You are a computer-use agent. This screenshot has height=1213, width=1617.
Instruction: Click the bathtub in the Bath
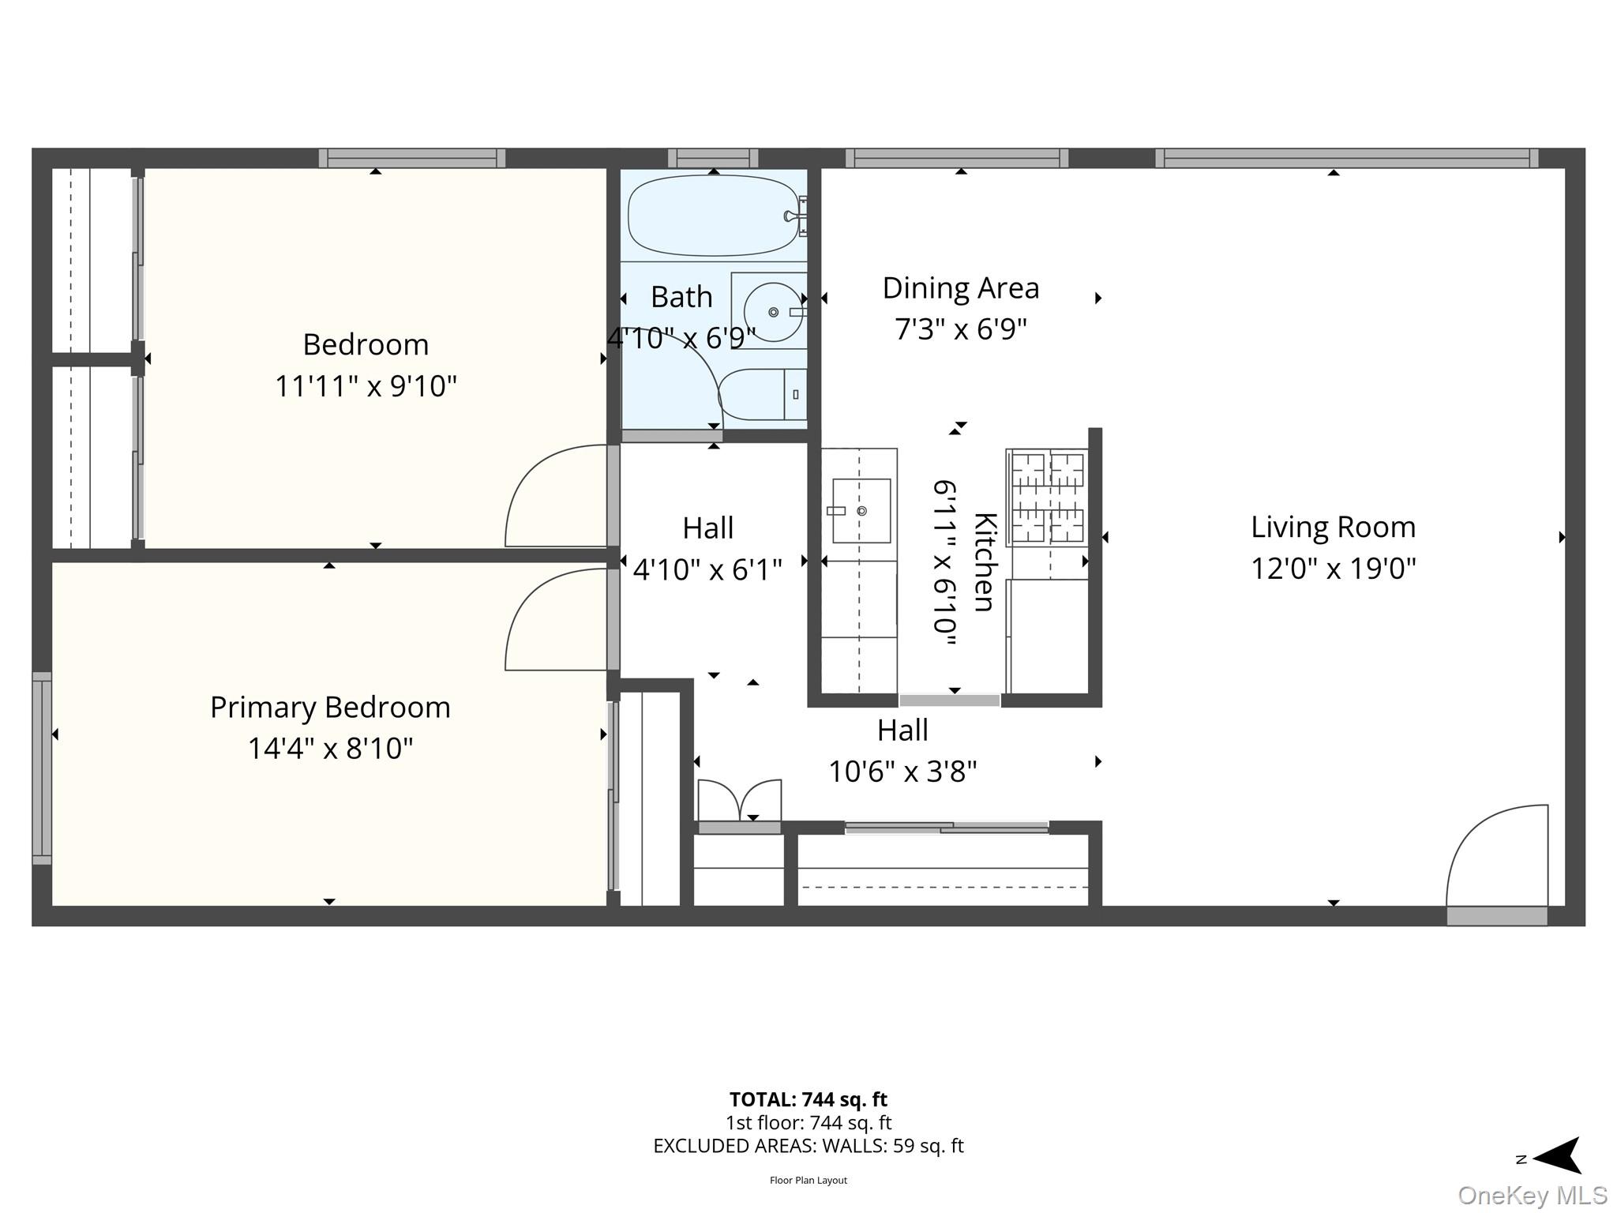[x=713, y=216]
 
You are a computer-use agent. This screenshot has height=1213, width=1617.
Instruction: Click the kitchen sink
[x=861, y=511]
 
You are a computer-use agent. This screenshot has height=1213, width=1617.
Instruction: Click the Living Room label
[x=1333, y=528]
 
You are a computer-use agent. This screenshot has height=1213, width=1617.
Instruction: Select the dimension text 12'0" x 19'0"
[x=1333, y=569]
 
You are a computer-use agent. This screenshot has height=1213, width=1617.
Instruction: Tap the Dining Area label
[x=960, y=288]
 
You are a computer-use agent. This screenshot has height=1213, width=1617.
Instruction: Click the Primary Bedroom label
[x=330, y=708]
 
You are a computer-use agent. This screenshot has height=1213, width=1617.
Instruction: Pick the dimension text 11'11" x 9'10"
[x=366, y=387]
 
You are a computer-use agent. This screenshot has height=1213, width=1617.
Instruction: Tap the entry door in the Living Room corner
[x=1495, y=857]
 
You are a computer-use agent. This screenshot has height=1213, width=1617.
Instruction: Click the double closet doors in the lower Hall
[x=740, y=802]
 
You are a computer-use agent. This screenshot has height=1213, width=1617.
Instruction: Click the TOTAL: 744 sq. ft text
[x=808, y=1099]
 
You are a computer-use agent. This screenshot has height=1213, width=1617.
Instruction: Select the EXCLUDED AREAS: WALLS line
[x=808, y=1146]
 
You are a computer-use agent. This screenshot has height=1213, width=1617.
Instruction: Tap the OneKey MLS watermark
[x=1532, y=1196]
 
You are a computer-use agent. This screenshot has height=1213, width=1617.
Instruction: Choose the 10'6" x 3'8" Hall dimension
[x=902, y=772]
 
